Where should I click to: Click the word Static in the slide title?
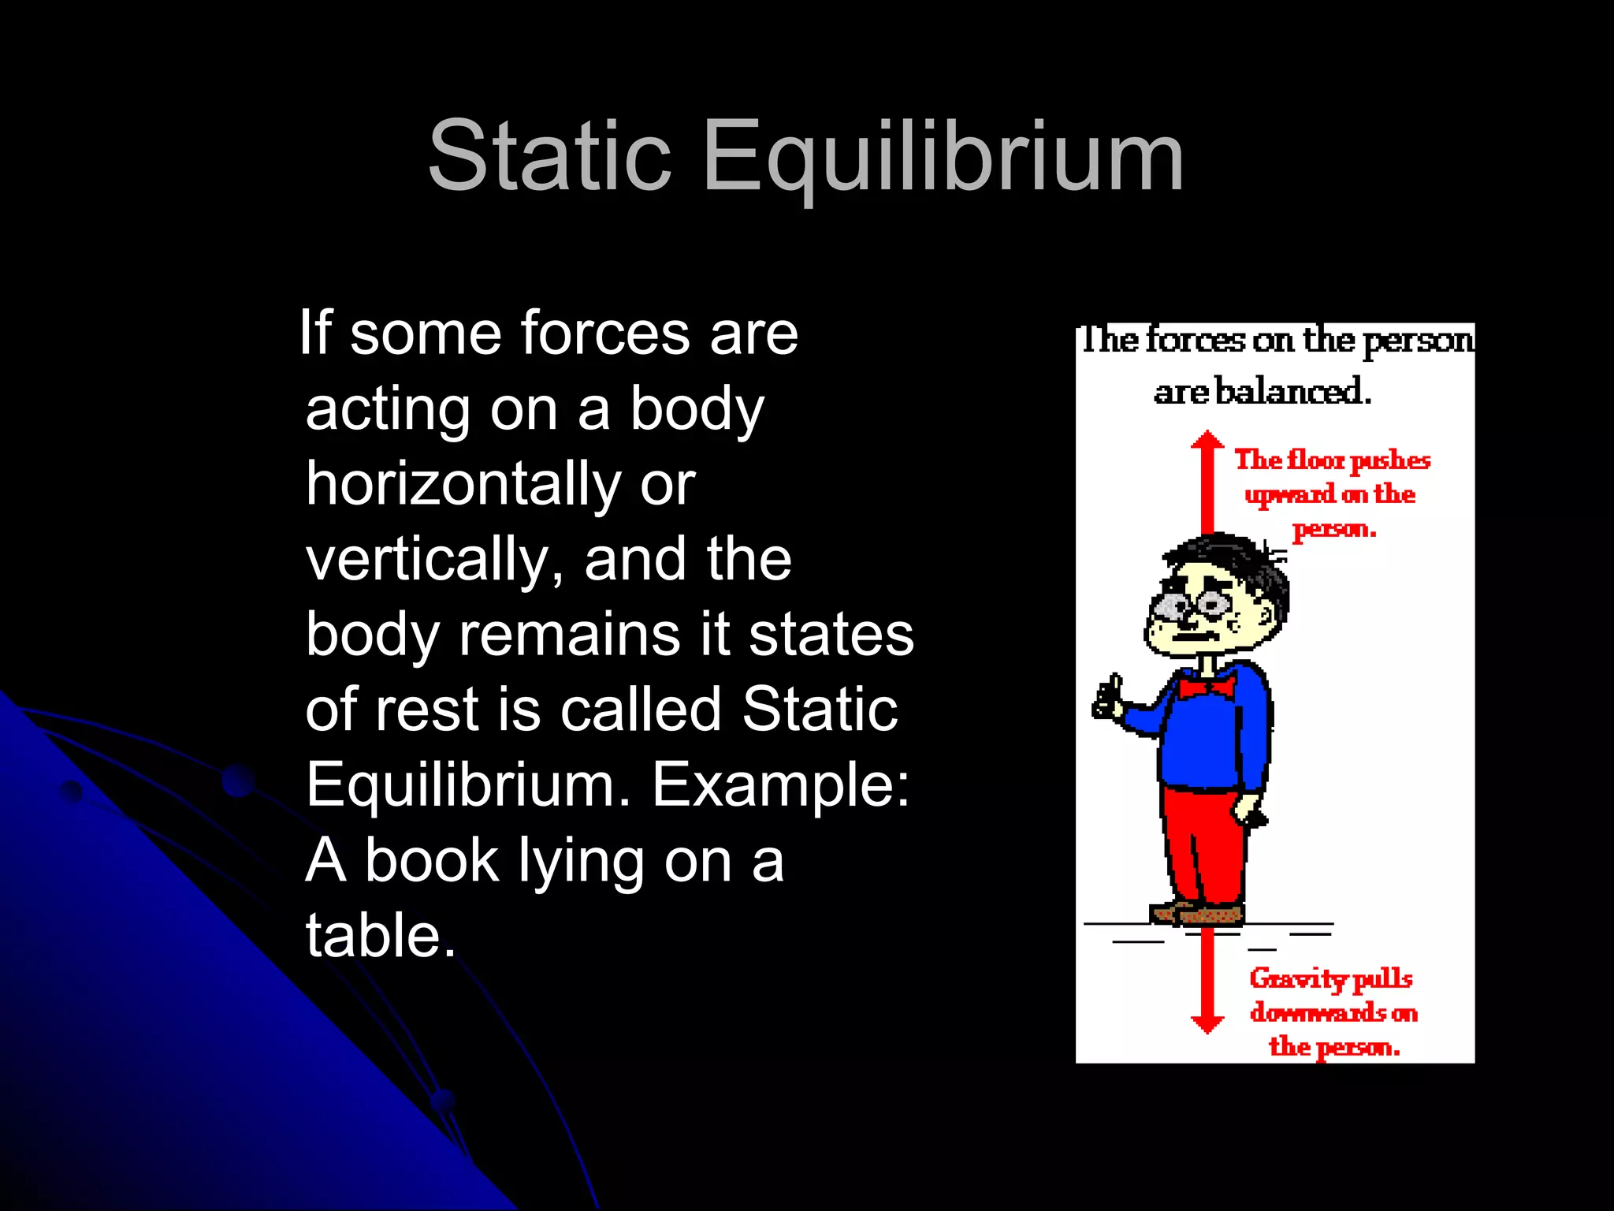549,155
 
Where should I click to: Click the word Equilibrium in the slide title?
943,157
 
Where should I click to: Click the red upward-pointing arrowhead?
1207,442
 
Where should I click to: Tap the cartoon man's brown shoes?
1198,913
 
